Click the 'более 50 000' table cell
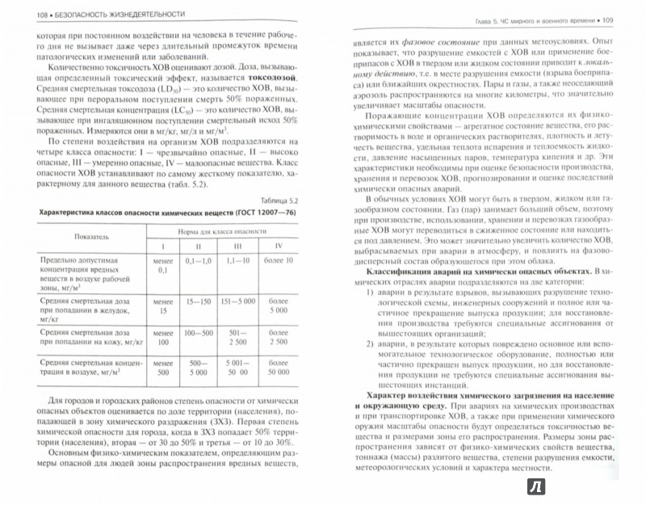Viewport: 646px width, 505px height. click(277, 368)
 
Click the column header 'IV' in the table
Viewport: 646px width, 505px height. click(277, 246)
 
